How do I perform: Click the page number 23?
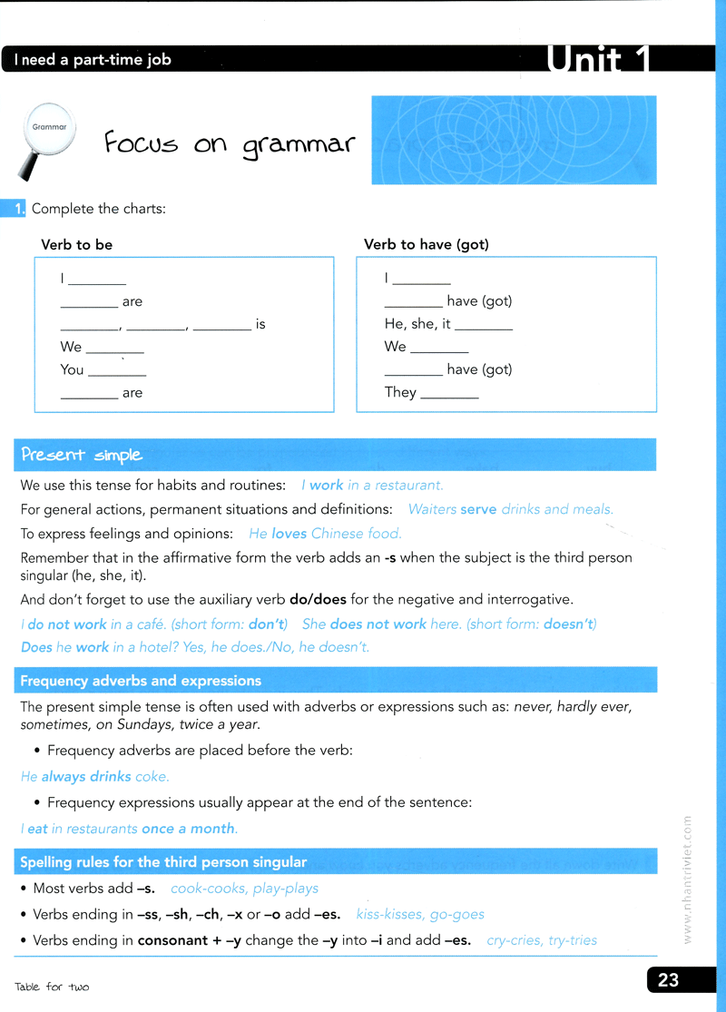click(669, 980)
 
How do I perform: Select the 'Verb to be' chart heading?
click(77, 245)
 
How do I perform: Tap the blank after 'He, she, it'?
click(483, 326)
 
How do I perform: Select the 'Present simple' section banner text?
click(82, 455)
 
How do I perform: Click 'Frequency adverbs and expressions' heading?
click(141, 681)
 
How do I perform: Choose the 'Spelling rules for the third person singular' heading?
click(163, 861)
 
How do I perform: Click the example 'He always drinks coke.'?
click(95, 777)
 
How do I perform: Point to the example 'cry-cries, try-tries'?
click(542, 940)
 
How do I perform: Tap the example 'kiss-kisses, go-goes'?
click(420, 914)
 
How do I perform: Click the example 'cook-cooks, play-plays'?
click(244, 889)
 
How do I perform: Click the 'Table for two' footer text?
click(52, 987)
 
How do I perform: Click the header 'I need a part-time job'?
click(93, 61)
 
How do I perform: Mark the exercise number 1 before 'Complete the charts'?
click(19, 210)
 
